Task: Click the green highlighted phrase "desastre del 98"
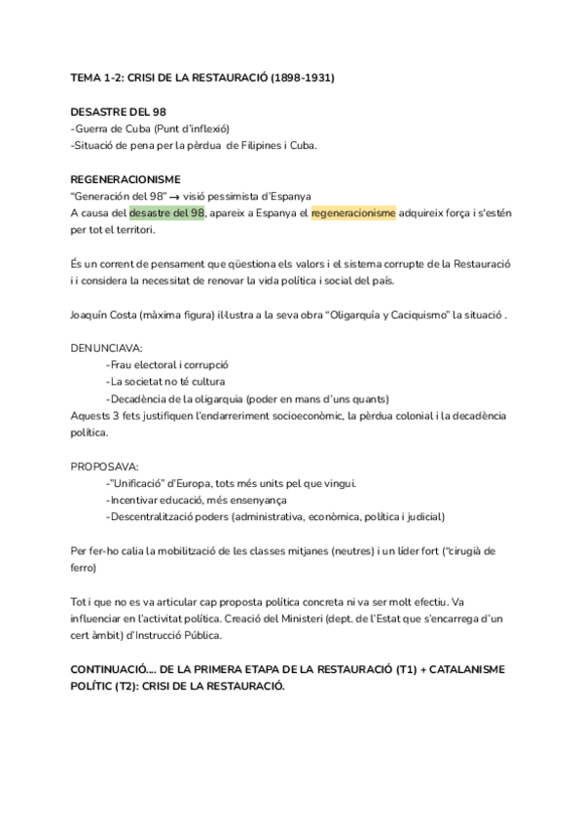[166, 213]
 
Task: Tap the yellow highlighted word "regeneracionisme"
[353, 213]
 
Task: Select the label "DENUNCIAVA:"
[106, 348]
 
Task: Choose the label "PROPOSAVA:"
[104, 466]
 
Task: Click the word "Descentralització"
[155, 516]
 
